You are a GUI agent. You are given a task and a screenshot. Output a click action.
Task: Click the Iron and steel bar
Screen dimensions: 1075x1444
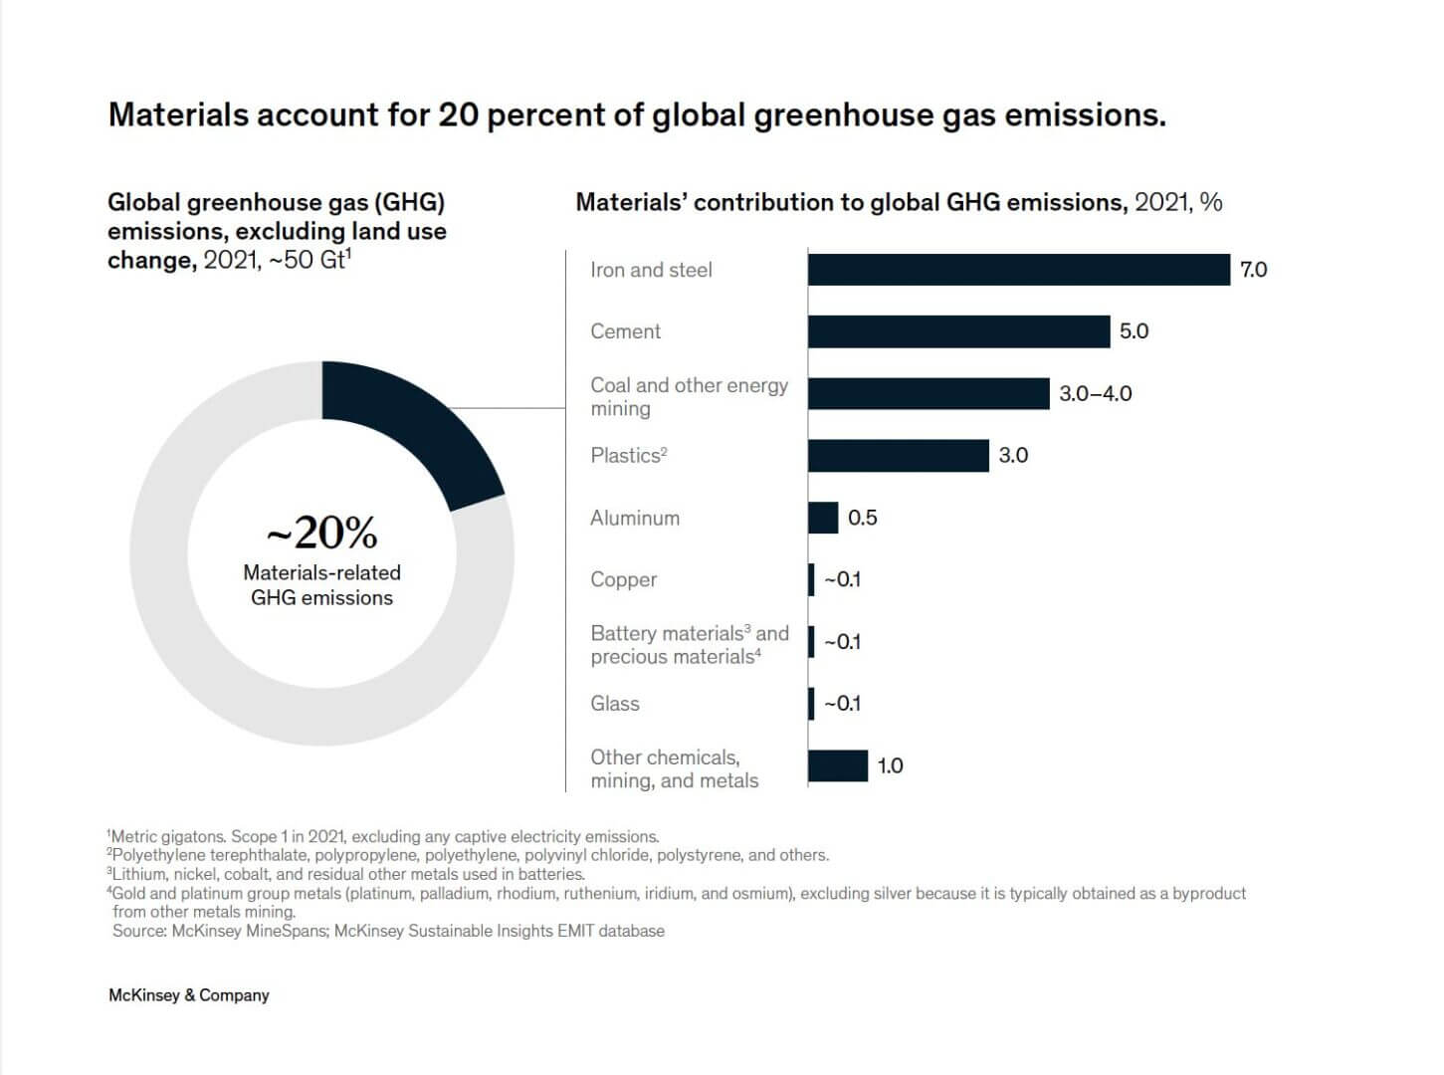coord(1018,270)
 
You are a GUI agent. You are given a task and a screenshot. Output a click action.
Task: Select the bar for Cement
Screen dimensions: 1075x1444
coord(958,331)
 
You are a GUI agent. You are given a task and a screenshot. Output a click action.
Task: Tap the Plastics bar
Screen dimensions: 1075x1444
coord(898,456)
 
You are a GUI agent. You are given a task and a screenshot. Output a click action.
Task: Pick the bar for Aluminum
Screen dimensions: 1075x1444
coord(823,518)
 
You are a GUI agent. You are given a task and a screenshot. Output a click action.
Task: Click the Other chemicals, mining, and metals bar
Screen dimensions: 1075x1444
coord(838,765)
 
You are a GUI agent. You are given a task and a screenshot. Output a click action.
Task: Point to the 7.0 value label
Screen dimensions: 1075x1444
coord(1253,270)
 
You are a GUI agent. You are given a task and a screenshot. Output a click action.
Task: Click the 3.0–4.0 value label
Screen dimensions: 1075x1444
coord(1095,393)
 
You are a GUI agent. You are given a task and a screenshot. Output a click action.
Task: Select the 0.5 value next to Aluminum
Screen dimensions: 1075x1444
coord(862,518)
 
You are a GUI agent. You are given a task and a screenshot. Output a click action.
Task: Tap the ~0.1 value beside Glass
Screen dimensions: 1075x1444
coord(842,704)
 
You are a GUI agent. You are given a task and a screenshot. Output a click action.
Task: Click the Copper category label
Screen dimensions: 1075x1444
coord(623,579)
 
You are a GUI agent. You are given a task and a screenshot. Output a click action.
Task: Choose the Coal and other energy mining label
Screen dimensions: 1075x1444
coord(689,396)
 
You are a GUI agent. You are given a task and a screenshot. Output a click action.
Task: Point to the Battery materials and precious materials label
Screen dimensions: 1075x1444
coord(689,645)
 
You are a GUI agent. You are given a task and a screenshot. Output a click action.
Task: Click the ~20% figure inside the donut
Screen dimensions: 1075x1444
coord(321,534)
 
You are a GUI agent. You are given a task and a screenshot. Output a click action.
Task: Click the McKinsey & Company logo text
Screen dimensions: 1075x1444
coord(188,995)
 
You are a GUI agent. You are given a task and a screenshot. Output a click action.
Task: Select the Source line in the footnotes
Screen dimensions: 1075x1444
coord(388,931)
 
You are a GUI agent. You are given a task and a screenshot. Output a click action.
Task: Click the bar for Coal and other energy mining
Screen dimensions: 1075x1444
coord(928,393)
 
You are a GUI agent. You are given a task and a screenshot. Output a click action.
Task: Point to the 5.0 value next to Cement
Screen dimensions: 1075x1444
coord(1134,331)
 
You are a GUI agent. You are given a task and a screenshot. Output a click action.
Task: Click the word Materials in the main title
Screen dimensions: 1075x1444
coord(178,115)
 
